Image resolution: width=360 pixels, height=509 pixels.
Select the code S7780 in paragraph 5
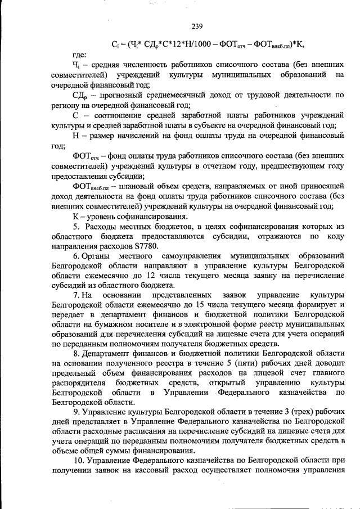pyautogui.click(x=147, y=246)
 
